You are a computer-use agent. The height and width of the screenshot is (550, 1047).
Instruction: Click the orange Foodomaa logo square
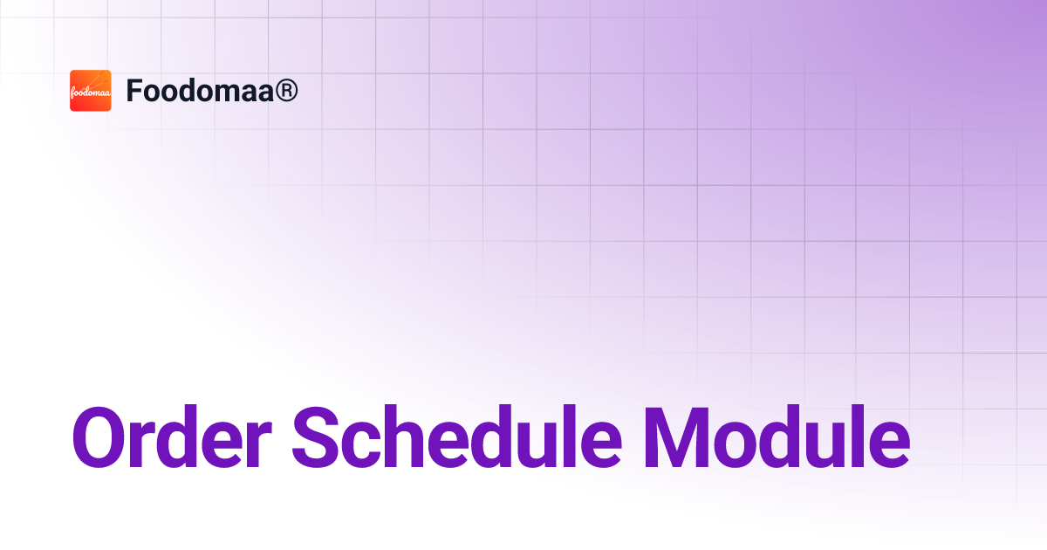coord(91,91)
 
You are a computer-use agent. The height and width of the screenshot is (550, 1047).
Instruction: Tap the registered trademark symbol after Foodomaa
coord(286,91)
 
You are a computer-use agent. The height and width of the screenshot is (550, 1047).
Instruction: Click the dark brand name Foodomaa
coord(201,91)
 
